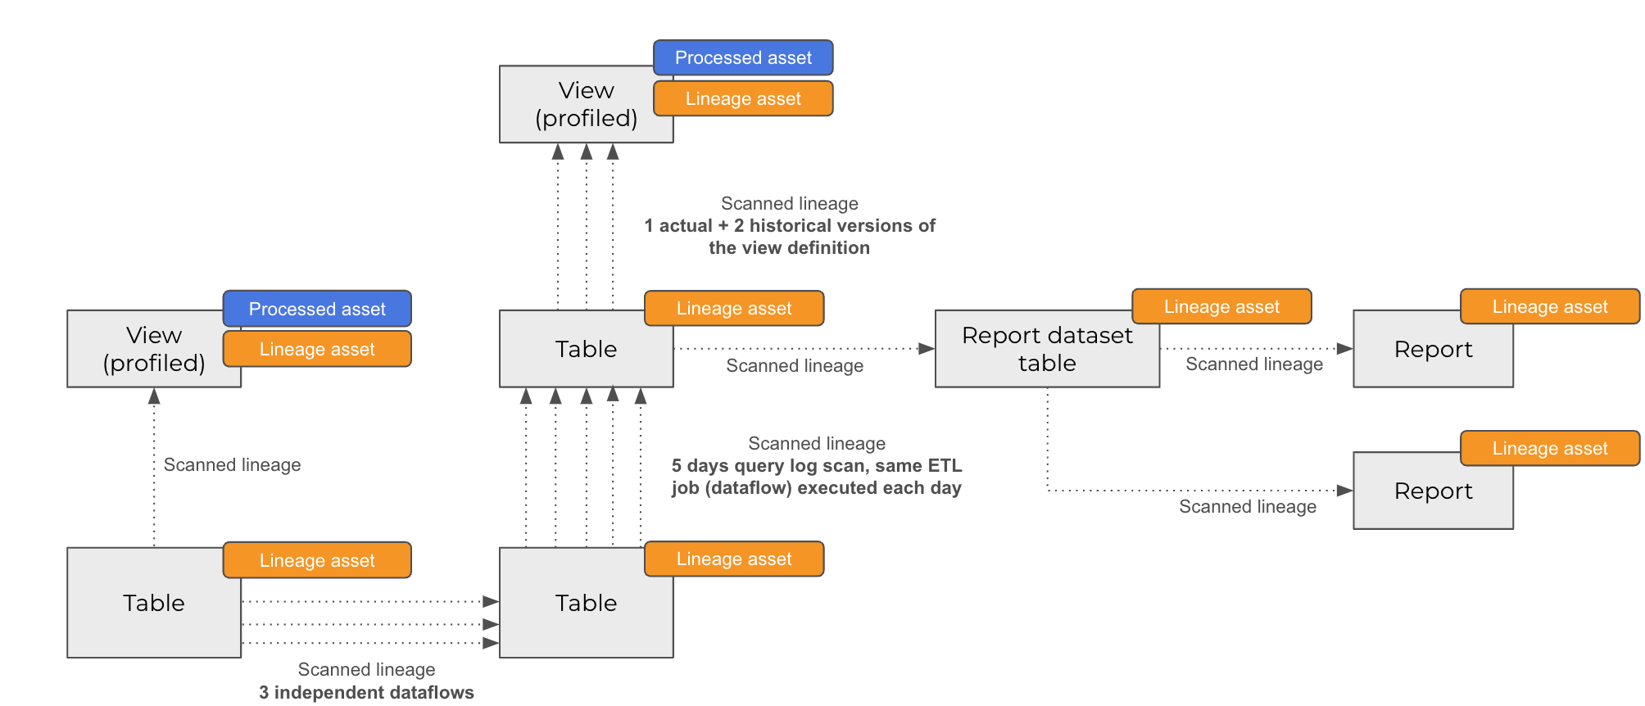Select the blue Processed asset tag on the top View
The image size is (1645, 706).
[743, 57]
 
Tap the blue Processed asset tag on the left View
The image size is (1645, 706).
[317, 309]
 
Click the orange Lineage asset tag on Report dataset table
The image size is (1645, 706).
[1221, 306]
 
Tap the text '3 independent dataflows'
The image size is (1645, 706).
[366, 692]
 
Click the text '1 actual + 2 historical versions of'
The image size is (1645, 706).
[789, 225]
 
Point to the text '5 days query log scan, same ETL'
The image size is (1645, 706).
[816, 465]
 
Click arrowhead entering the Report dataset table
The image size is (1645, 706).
[927, 349]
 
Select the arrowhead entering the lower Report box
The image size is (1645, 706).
[1344, 491]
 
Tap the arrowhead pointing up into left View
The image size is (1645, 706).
[154, 397]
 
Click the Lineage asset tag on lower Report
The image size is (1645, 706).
[1549, 448]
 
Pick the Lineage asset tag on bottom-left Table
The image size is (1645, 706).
[317, 560]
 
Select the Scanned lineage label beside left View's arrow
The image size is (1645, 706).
[232, 464]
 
